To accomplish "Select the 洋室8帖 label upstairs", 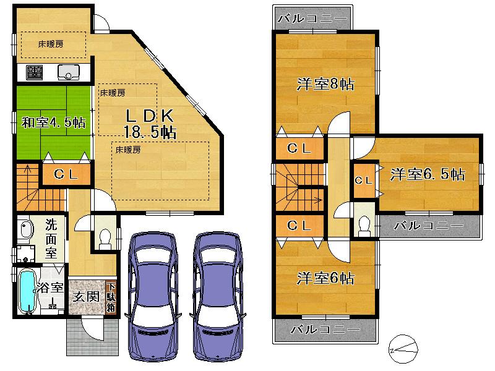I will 325,85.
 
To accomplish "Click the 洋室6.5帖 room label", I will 427,175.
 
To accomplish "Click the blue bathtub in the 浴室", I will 27,292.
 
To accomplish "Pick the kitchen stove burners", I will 34,73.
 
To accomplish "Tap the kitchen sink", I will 67,73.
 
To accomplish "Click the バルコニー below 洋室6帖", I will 324,330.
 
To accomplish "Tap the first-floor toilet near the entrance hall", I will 105,237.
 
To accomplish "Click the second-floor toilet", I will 363,226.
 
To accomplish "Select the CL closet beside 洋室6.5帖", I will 363,180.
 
